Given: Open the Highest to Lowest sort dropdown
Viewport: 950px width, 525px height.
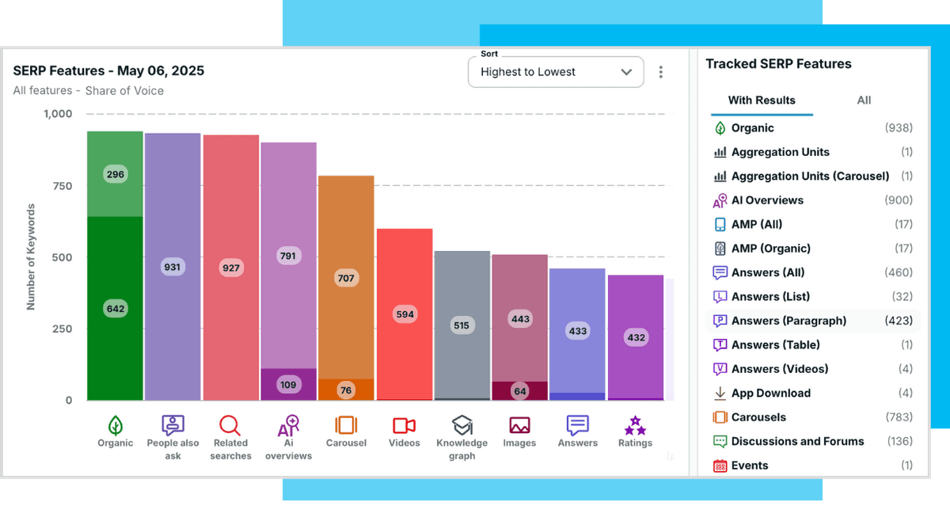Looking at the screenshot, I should [556, 72].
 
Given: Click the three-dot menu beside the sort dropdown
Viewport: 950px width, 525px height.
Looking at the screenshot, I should [661, 72].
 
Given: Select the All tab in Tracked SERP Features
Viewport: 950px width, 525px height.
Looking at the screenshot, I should [864, 101].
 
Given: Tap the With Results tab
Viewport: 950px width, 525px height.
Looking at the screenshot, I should [762, 101].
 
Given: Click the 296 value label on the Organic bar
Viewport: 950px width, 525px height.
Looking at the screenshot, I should [116, 174].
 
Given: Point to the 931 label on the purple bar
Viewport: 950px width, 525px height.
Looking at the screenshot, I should [173, 267].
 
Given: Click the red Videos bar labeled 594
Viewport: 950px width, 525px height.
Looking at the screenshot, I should [405, 314].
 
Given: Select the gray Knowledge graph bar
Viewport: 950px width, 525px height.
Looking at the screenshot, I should [462, 325].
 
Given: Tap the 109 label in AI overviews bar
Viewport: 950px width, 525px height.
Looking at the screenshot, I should [288, 385].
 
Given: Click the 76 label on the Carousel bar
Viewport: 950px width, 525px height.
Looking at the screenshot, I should [346, 390].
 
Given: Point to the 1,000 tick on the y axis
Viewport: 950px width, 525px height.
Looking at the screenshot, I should [57, 114].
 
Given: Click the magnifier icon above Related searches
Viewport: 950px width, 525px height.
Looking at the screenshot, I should [230, 425].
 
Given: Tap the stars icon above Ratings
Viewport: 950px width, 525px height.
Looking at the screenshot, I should [635, 426].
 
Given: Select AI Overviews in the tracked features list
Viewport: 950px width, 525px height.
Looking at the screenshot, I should [766, 200].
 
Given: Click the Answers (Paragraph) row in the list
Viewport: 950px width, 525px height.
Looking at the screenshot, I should [788, 321].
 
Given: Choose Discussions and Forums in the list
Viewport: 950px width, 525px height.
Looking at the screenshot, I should [797, 441].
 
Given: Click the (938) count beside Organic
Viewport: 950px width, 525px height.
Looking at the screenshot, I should [898, 128].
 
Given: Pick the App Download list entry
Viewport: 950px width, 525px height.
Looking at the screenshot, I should [770, 393].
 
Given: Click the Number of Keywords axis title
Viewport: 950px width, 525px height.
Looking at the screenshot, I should [32, 257].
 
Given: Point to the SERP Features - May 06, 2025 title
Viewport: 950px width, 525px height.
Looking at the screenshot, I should [108, 70].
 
